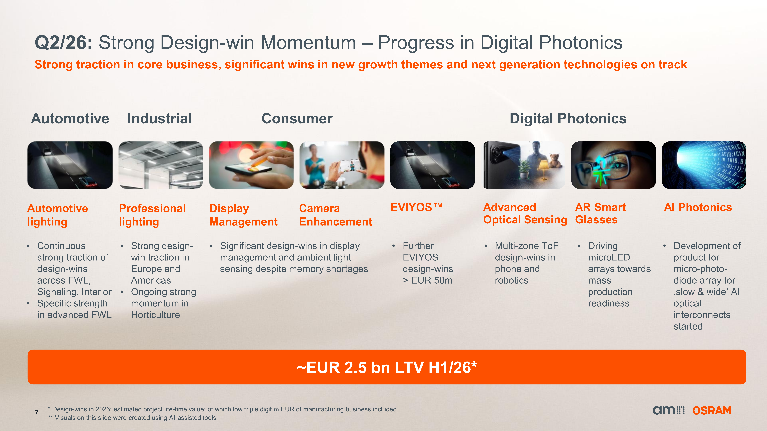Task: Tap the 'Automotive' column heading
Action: coord(70,118)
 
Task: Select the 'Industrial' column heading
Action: coord(160,118)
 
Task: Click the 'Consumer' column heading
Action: coord(297,118)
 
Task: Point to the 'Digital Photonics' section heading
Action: coord(568,118)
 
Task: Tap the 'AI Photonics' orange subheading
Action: coord(698,207)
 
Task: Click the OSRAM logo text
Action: coord(712,410)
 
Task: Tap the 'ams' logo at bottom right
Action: coord(668,410)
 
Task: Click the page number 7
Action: coord(37,413)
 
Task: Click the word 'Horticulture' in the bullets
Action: coord(155,315)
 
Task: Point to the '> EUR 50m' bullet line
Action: coord(428,280)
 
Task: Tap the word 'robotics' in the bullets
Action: coord(512,280)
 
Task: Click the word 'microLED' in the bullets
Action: coord(609,257)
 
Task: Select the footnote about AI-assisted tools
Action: coord(132,418)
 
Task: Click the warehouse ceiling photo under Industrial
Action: coord(161,165)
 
